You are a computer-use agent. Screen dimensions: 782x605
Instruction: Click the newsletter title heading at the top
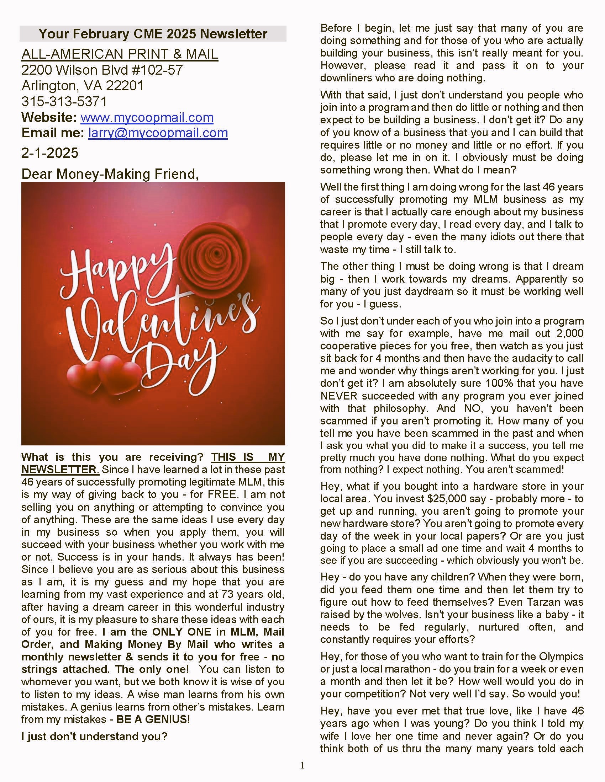pos(153,34)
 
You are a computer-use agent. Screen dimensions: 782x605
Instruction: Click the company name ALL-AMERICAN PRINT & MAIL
pos(120,54)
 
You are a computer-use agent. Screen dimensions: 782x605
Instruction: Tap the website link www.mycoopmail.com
pos(147,117)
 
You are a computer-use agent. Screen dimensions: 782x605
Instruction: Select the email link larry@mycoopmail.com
pos(158,133)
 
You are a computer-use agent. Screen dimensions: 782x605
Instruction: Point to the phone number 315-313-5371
pos(64,102)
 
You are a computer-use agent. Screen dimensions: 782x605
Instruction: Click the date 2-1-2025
pos(50,153)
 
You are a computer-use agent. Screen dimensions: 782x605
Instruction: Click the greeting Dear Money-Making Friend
pos(110,174)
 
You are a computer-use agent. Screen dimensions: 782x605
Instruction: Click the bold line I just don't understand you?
pos(95,736)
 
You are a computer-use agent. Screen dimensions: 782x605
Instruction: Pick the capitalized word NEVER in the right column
pos(339,396)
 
